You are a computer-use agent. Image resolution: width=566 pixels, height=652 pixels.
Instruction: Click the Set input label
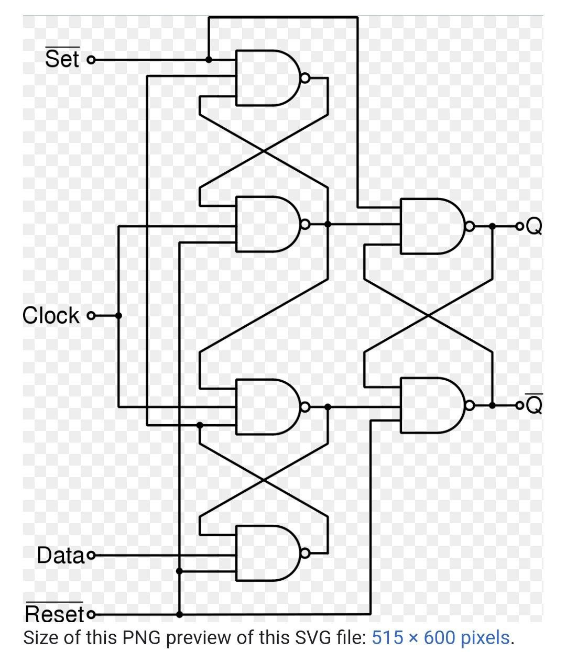(x=62, y=59)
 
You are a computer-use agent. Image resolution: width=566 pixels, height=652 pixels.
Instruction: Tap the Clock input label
(x=51, y=316)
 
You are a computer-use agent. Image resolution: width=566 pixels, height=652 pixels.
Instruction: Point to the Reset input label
(x=55, y=614)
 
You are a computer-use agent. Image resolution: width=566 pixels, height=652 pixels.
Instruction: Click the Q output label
(x=534, y=226)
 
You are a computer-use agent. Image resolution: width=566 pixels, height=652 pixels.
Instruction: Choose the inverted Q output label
(x=534, y=405)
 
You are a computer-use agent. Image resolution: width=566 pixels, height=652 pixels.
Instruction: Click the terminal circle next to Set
(x=91, y=60)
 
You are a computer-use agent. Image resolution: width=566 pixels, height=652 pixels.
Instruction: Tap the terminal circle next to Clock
(x=91, y=316)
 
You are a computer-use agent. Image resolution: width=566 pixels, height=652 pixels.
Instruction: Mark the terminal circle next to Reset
(x=91, y=614)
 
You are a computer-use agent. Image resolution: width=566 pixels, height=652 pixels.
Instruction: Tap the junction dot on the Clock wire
(x=118, y=316)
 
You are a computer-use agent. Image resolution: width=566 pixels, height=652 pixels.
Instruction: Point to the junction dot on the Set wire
(x=209, y=60)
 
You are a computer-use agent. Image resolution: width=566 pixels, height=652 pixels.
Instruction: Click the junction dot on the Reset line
(x=179, y=614)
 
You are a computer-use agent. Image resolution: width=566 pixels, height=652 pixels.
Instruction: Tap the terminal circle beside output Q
(x=519, y=226)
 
